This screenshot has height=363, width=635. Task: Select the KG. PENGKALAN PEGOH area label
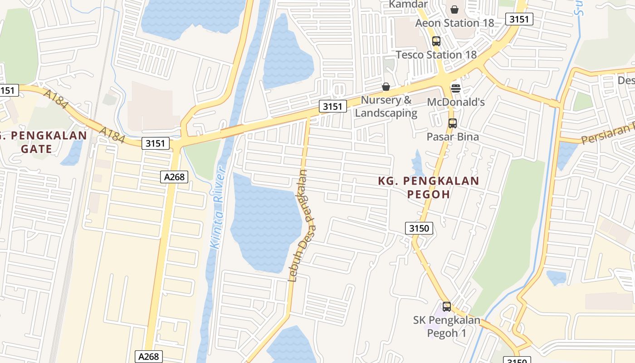click(x=429, y=187)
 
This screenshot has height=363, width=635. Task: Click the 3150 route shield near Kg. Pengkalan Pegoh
click(x=419, y=228)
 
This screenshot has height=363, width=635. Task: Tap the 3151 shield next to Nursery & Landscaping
click(x=332, y=107)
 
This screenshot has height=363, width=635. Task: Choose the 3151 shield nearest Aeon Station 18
click(x=519, y=19)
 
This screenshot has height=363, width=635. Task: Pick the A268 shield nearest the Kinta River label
click(x=174, y=177)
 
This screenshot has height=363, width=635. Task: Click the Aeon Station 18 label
click(x=448, y=23)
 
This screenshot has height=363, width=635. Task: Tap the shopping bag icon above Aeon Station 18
click(x=454, y=9)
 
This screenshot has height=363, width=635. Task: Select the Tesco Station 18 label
click(x=436, y=55)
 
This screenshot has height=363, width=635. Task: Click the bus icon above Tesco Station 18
click(x=436, y=41)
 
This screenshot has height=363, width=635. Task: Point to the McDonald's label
click(x=456, y=102)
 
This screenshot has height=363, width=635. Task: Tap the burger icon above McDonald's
click(x=456, y=88)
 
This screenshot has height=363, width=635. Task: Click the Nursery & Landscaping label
click(x=386, y=107)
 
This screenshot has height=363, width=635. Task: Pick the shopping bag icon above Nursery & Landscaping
click(x=386, y=86)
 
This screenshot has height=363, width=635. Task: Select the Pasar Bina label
click(x=452, y=137)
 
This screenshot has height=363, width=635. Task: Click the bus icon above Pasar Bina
click(x=452, y=123)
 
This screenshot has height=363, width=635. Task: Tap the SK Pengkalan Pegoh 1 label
click(x=446, y=326)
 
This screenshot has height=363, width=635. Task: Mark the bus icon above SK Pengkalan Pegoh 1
click(x=447, y=306)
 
